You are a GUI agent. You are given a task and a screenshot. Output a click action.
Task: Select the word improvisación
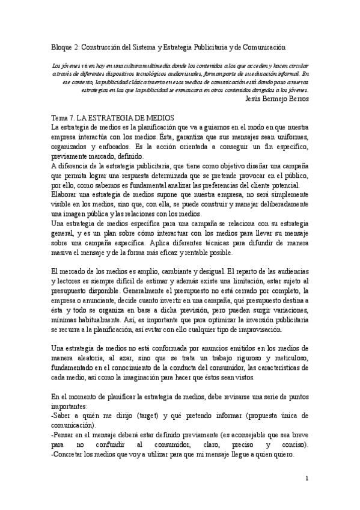coord(276,330)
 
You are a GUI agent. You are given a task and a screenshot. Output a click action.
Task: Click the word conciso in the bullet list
coord(292,444)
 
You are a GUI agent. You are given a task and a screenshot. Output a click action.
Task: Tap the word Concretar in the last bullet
coord(70,455)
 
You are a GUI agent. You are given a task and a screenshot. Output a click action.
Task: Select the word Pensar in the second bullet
coord(66,435)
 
